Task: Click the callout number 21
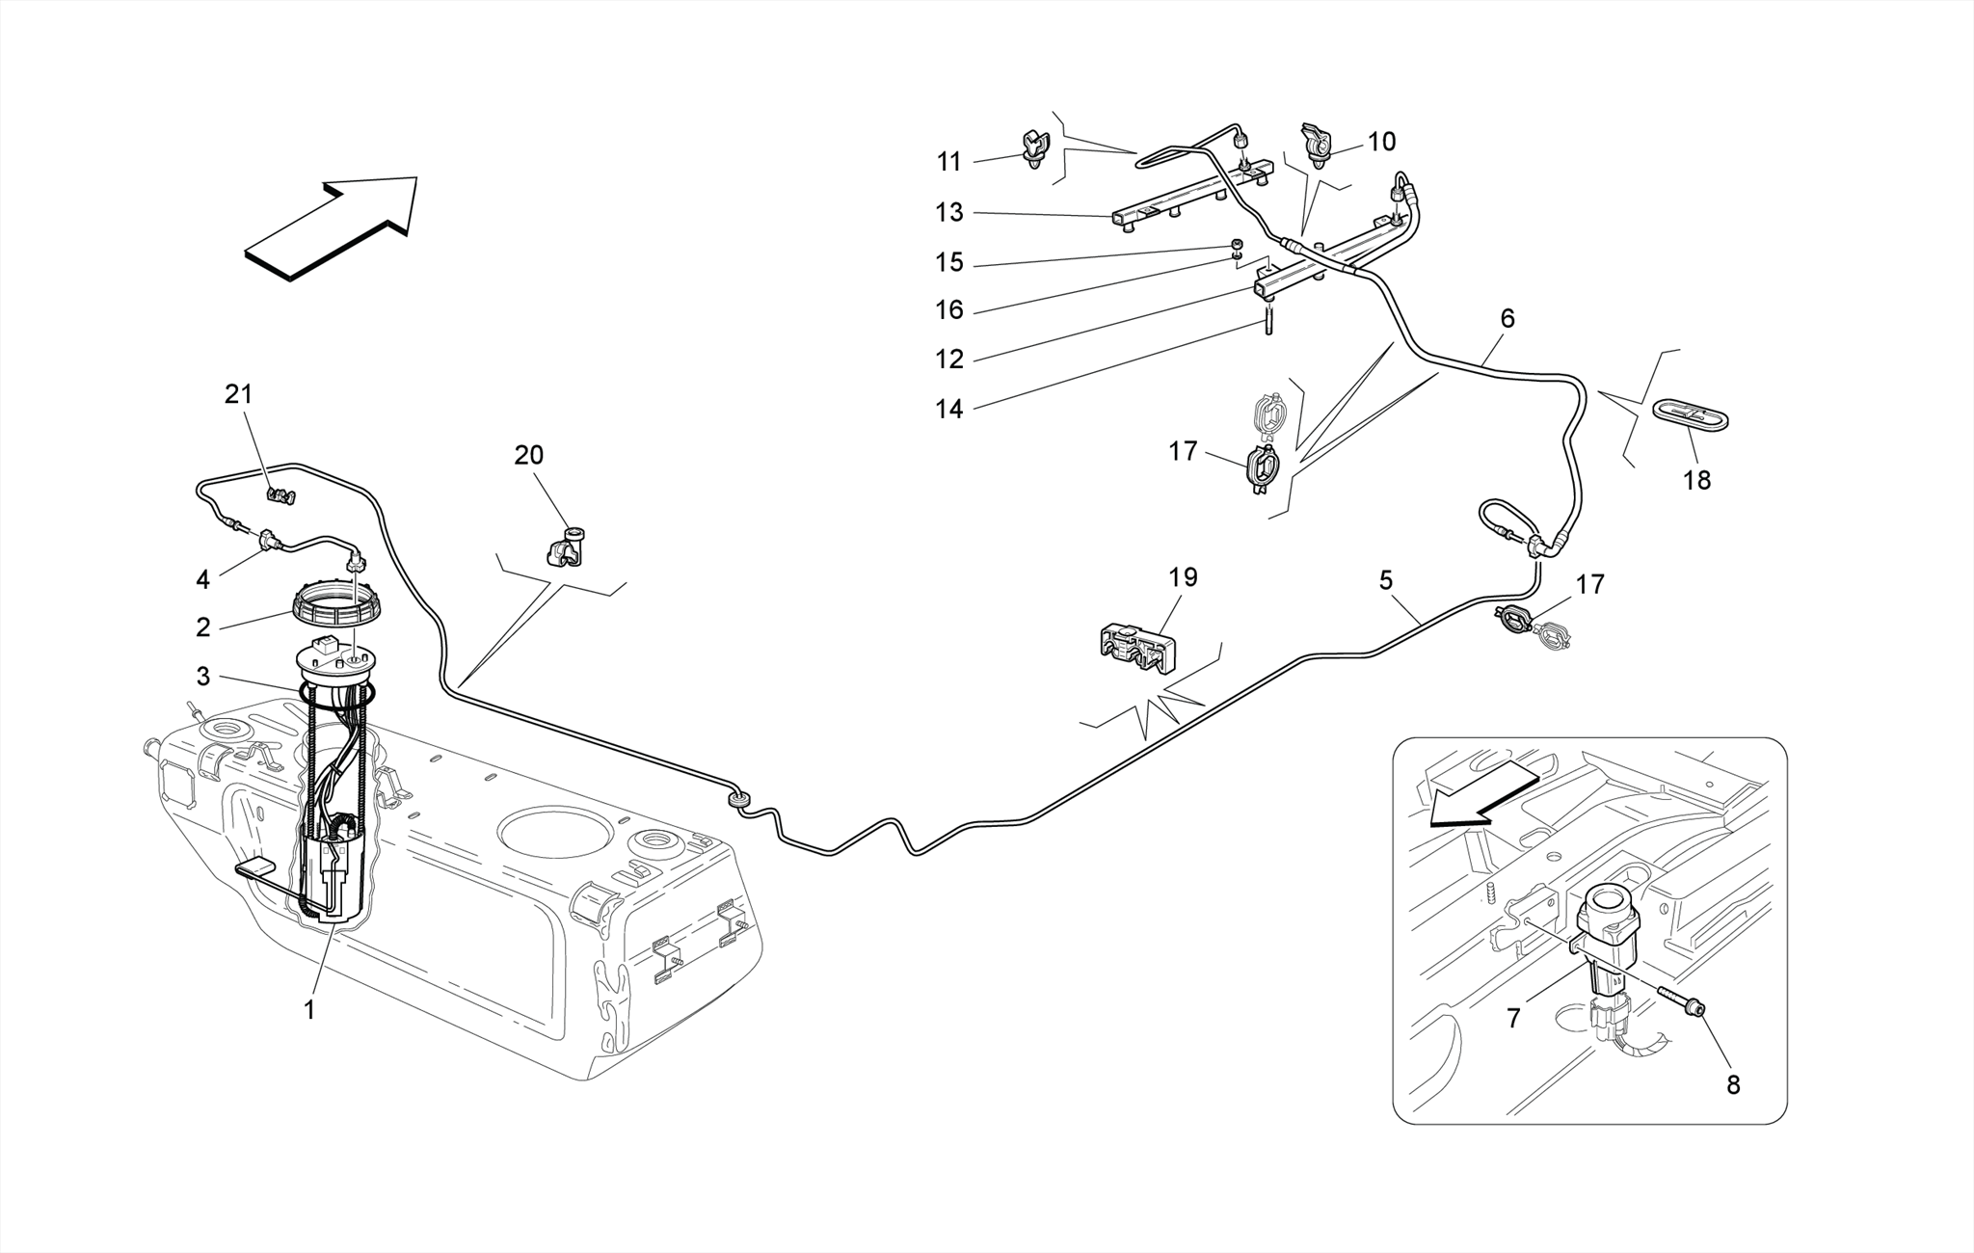[238, 394]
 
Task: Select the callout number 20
[528, 455]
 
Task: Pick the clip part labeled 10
[1315, 143]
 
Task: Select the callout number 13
[949, 212]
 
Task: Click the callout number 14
[949, 409]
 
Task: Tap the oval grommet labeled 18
[1693, 416]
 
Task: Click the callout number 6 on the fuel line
[1507, 319]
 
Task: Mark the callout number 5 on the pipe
[1386, 580]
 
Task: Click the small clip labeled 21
[280, 495]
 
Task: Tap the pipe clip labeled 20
[565, 547]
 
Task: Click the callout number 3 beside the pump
[202, 677]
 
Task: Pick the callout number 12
[949, 360]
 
